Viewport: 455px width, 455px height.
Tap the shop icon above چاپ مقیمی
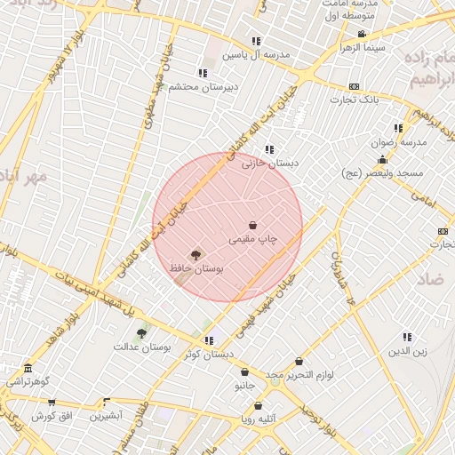(x=253, y=225)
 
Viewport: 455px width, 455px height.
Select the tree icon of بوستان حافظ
(x=196, y=254)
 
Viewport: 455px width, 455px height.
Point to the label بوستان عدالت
(x=141, y=347)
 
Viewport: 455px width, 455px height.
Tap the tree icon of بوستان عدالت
(x=141, y=333)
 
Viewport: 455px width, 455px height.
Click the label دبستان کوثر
(x=209, y=354)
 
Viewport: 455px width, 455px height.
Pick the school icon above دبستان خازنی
(x=269, y=149)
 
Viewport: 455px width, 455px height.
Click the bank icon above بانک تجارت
(x=355, y=86)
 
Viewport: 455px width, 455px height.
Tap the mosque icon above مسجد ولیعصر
(x=382, y=160)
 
